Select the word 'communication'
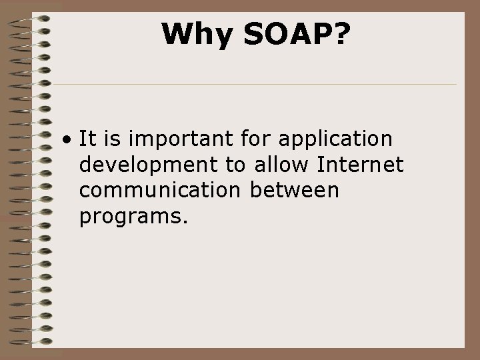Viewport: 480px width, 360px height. click(x=159, y=191)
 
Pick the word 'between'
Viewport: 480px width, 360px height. click(x=295, y=191)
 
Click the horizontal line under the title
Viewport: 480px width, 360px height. click(x=253, y=85)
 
